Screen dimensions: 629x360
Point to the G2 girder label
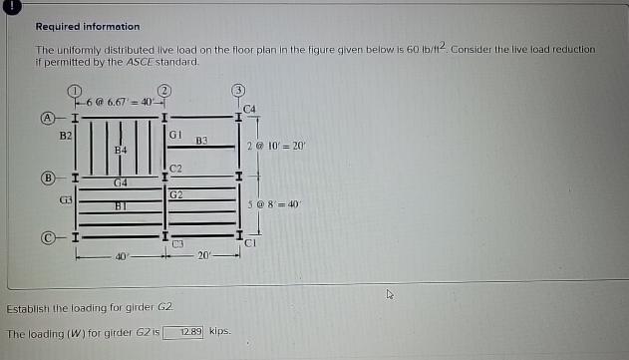pos(176,193)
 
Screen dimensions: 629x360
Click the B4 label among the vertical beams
pos(121,149)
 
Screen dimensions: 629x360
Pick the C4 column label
pos(249,107)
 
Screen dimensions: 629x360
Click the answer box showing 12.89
pos(184,331)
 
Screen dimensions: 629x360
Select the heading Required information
pos(88,26)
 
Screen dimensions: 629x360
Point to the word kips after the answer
pos(220,331)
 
